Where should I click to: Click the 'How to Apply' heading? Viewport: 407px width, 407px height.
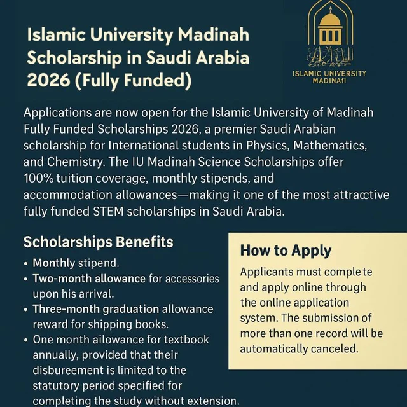click(x=286, y=251)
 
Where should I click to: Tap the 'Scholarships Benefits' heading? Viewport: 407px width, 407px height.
click(x=98, y=242)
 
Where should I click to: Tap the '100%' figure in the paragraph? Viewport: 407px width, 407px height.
click(x=41, y=179)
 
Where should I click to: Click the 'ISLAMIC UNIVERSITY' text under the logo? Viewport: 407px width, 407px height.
click(x=329, y=73)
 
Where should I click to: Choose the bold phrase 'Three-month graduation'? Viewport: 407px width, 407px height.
click(x=95, y=309)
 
